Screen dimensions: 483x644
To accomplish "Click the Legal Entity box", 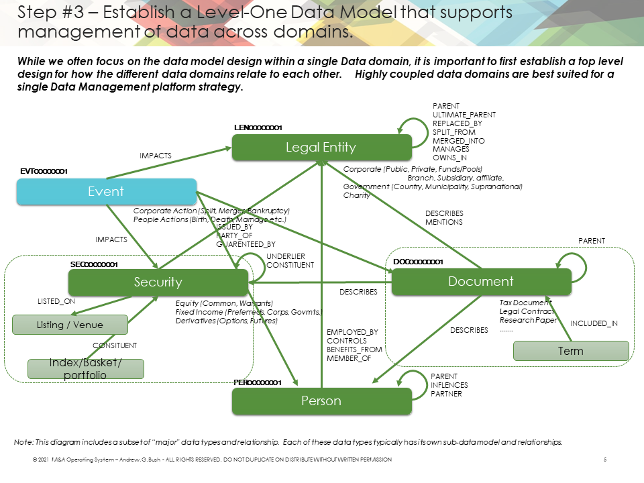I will click(321, 147).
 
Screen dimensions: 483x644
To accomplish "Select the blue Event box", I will click(106, 191).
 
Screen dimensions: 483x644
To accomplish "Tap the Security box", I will click(158, 282).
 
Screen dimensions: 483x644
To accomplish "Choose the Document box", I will click(481, 281).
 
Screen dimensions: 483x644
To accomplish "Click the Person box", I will click(321, 400).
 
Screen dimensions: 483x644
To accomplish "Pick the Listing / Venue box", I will click(70, 325).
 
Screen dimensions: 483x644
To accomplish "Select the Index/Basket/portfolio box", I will click(85, 369).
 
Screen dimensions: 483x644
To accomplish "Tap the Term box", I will click(570, 351).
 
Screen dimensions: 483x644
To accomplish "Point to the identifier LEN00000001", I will click(258, 127).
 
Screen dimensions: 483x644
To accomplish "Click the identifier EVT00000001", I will click(44, 172).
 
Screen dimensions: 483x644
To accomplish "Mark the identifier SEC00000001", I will click(94, 264).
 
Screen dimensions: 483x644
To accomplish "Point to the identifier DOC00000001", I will click(418, 261).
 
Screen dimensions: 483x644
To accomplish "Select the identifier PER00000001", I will click(257, 382).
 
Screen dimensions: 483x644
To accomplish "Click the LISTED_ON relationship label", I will click(56, 302).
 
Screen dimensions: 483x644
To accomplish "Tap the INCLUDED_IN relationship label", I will click(594, 323).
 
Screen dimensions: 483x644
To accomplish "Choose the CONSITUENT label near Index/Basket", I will click(115, 345).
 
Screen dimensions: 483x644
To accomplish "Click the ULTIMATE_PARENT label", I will click(464, 115).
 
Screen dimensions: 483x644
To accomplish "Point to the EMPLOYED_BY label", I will click(352, 332).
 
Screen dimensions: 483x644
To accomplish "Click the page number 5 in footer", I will click(605, 460).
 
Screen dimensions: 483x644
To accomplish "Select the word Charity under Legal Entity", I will click(356, 195).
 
